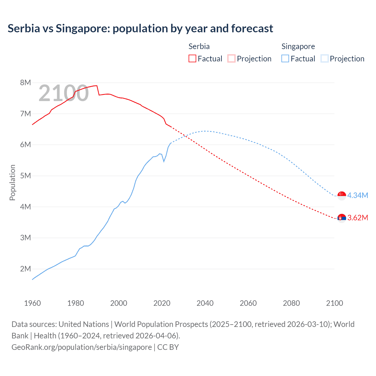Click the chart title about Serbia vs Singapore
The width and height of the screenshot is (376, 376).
pos(140,28)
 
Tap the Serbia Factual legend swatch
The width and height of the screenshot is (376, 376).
pos(192,58)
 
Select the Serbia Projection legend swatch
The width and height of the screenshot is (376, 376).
pos(231,58)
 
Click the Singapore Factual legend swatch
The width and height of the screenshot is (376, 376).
pos(285,58)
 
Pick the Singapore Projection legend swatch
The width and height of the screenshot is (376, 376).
pos(324,58)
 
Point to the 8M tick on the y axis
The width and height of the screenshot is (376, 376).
pos(26,83)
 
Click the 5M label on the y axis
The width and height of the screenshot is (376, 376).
pos(26,176)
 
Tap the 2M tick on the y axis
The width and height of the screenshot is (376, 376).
pos(26,269)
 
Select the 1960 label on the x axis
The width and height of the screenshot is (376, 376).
pos(32,303)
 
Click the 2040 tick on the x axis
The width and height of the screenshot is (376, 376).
pos(205,303)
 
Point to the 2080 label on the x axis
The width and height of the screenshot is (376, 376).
pos(291,303)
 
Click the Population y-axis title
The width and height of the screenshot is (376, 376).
pos(12,182)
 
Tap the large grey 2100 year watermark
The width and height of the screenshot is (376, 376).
pos(63,93)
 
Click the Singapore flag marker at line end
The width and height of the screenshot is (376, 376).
pos(342,196)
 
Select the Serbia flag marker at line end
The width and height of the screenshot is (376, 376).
pos(342,218)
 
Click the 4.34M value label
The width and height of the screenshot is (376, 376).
pos(357,195)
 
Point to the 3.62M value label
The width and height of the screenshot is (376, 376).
pos(357,218)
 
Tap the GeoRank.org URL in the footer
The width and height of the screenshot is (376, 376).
pos(82,347)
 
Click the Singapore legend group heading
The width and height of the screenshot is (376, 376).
pos(298,46)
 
